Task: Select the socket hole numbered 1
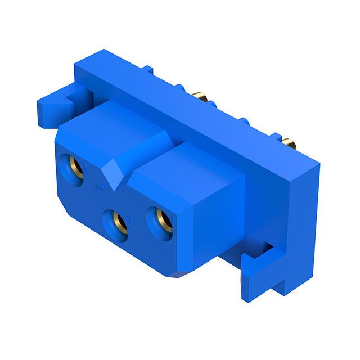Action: (x=160, y=220)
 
